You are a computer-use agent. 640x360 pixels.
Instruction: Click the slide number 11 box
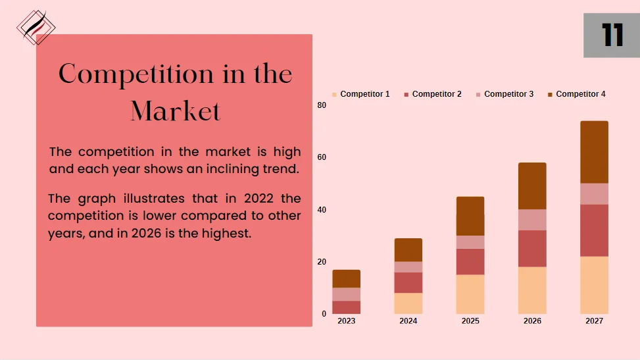pos(611,34)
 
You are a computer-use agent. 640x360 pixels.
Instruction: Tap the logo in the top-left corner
pos(36,27)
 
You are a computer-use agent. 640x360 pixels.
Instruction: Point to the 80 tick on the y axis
pos(322,105)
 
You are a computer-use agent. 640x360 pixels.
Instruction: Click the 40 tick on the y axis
pos(322,210)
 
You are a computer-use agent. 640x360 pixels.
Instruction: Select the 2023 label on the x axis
pos(346,321)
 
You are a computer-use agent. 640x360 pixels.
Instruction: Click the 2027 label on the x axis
pos(594,321)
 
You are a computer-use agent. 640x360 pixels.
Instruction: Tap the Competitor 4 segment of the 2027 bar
pos(594,152)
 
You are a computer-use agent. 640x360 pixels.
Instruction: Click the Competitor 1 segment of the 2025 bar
pos(470,294)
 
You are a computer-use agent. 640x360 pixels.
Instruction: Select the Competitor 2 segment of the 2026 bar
pos(532,248)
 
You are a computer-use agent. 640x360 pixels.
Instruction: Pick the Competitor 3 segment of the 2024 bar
pos(408,267)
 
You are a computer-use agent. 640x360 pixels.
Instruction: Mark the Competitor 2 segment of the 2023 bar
pos(346,307)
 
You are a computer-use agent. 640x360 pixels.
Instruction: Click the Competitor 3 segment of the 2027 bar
pos(594,194)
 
